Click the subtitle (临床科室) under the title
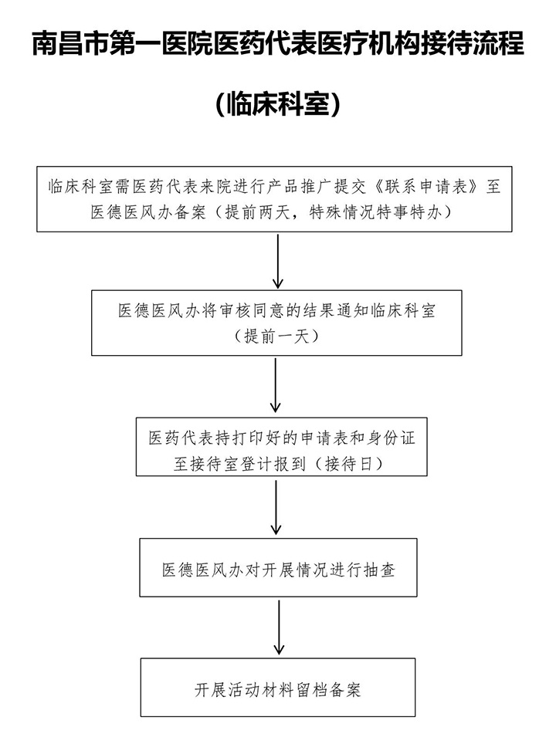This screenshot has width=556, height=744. tap(278, 103)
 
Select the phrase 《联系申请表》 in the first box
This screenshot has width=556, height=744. tap(426, 187)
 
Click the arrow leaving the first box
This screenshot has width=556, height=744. tap(278, 261)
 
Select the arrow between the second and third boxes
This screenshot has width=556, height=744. tap(276, 385)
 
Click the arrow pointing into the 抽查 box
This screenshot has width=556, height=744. tap(276, 507)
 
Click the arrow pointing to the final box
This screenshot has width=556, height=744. tap(280, 627)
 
